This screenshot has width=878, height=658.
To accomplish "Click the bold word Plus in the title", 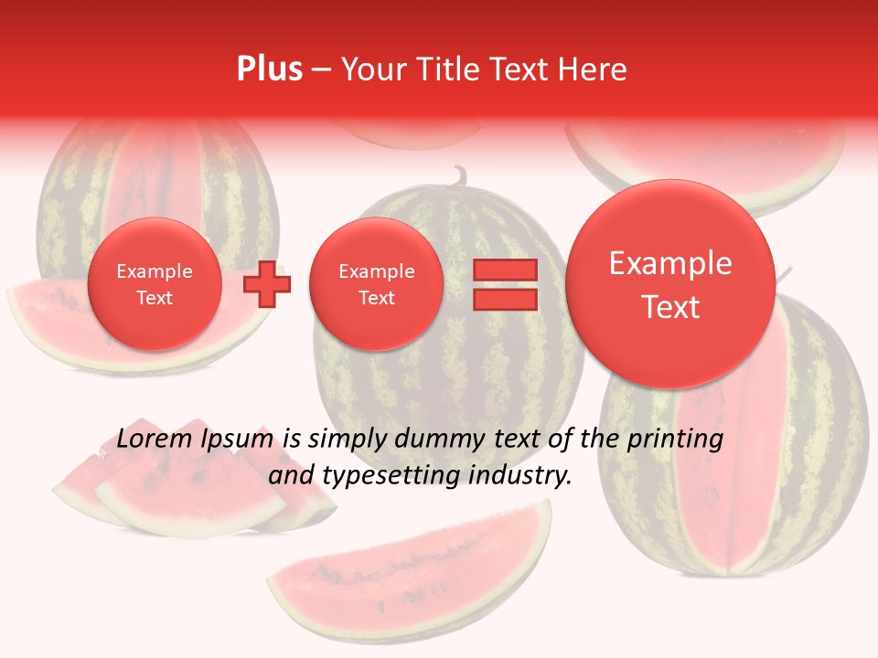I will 269,69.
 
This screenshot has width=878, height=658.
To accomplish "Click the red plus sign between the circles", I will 267,283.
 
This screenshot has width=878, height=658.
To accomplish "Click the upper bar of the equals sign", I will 504,270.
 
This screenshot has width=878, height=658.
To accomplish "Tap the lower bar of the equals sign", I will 504,299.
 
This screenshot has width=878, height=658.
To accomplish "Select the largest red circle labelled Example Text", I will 670,283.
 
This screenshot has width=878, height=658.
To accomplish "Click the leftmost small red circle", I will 155,283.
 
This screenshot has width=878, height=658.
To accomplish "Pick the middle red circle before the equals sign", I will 376,283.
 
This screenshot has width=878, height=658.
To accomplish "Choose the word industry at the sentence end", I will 521,475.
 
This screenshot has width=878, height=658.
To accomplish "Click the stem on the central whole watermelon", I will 458,175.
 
